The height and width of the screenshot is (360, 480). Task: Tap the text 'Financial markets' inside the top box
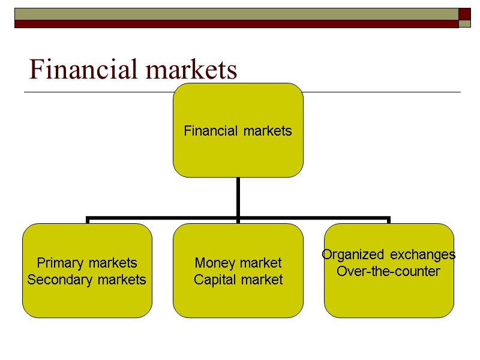pos(238,131)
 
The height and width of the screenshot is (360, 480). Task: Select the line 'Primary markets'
pos(87,263)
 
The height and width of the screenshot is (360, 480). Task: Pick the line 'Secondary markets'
pos(87,280)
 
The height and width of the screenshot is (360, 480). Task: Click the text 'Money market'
pos(238,263)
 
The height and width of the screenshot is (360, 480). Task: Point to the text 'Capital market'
pos(238,280)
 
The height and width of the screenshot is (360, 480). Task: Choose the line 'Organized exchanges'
pos(389,254)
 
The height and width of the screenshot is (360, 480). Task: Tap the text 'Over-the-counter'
pos(389,271)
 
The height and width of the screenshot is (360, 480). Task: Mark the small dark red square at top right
pos(465,14)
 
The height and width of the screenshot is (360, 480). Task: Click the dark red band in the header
pos(234,24)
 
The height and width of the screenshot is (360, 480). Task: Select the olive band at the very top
pos(234,14)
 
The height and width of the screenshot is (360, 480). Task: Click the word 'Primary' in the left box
pos(58,263)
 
